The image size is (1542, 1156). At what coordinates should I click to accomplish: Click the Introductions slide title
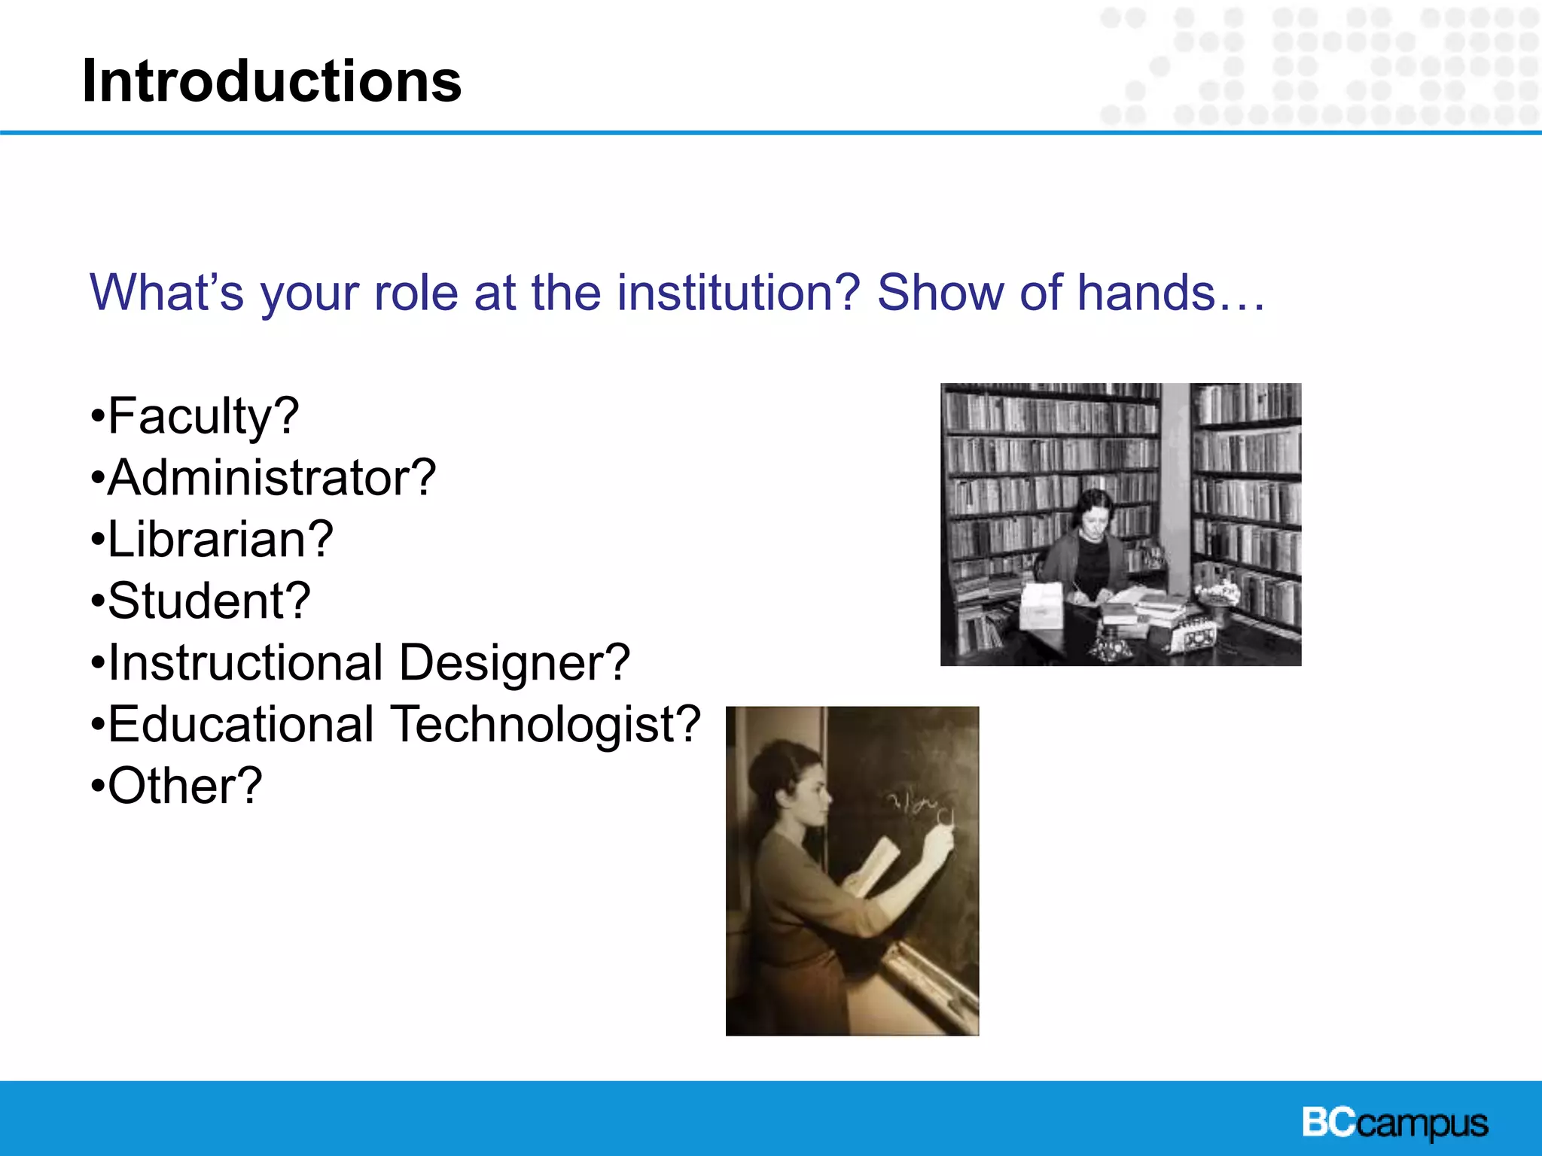tap(271, 81)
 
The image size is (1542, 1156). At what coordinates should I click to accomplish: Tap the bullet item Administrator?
tap(264, 478)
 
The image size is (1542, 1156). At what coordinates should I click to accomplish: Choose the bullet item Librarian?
tap(212, 540)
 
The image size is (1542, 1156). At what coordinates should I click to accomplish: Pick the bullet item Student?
tap(200, 601)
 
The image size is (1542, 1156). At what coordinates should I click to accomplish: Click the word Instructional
tap(245, 663)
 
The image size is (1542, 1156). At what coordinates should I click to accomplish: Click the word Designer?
tap(513, 663)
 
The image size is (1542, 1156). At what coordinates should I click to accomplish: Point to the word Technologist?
tap(547, 725)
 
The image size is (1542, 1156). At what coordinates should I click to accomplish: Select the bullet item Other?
tap(176, 786)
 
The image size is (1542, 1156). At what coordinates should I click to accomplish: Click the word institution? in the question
tap(738, 293)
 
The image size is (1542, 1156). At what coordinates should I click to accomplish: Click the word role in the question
tap(416, 293)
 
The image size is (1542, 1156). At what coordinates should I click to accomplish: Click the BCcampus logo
tap(1394, 1124)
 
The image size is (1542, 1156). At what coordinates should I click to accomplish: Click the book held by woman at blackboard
tap(873, 865)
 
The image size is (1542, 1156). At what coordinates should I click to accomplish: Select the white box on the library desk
tap(1041, 607)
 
